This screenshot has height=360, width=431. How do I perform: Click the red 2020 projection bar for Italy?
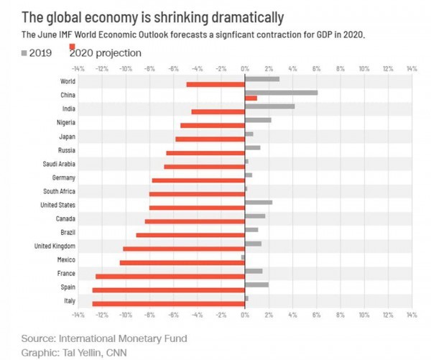169,303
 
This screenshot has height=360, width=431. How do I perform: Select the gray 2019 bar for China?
281,93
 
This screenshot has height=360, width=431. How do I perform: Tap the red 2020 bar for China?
251,98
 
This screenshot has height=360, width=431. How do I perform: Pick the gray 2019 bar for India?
269,106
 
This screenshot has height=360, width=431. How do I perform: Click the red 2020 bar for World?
215,84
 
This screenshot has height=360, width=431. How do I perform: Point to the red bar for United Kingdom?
184,249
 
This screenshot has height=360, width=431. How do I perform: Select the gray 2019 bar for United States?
259,203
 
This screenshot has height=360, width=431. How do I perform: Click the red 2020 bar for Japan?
210,139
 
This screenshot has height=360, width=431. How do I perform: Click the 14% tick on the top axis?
411,69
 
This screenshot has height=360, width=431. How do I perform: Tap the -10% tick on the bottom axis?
125,314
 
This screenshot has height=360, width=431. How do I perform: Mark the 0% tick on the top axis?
245,69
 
